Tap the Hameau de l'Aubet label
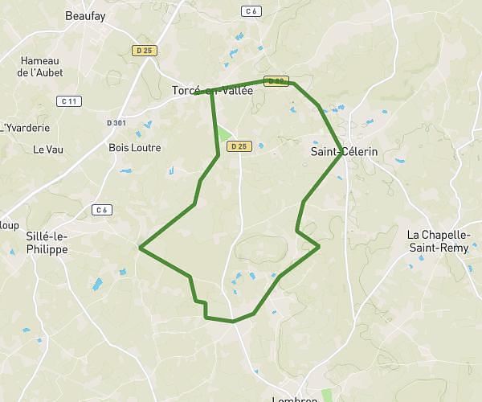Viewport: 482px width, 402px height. click(40, 66)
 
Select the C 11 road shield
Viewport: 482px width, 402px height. click(68, 100)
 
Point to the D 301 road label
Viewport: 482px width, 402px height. click(116, 123)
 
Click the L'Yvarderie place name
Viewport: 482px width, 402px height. click(27, 128)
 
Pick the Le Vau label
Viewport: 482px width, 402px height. click(48, 149)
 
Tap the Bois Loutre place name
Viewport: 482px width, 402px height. click(135, 148)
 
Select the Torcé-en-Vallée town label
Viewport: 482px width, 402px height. click(212, 91)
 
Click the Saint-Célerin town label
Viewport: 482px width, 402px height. click(343, 151)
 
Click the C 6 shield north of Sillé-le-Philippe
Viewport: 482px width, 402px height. click(100, 210)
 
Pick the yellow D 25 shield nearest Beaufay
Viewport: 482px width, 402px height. click(145, 50)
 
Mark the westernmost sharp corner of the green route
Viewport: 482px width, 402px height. click(141, 248)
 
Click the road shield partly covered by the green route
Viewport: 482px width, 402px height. click(276, 81)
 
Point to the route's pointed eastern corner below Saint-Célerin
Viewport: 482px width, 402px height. click(319, 245)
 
